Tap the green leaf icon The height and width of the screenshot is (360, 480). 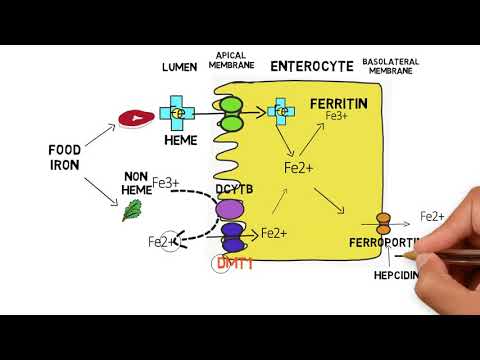coord(130,209)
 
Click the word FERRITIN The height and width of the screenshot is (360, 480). coord(338,103)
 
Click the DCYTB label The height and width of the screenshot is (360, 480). coord(231,188)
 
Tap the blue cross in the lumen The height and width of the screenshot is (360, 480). coord(181,115)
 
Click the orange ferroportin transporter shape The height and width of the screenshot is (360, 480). coord(383,222)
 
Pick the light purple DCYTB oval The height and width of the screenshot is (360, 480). coord(231,208)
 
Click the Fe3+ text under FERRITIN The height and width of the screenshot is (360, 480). coord(337,117)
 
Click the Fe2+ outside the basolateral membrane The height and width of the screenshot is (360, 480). coord(432,215)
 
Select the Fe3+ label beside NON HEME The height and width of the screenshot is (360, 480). coord(195,182)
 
